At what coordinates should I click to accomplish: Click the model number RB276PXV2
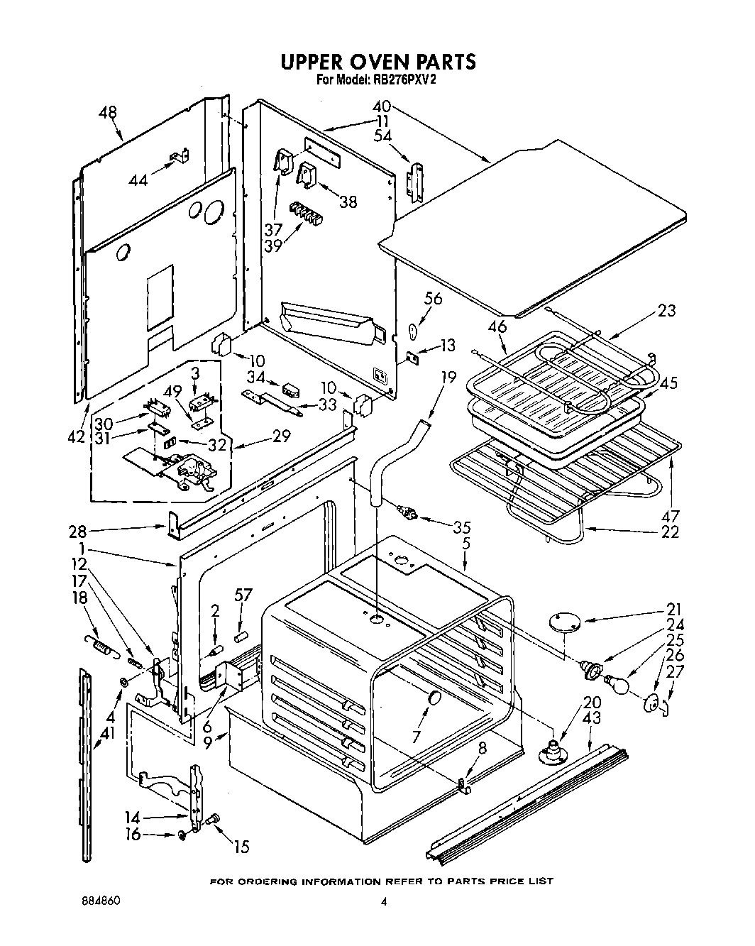402,80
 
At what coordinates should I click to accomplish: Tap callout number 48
109,112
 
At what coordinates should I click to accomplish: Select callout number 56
432,299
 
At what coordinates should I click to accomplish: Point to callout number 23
666,310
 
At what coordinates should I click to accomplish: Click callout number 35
462,527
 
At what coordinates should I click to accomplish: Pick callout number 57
243,593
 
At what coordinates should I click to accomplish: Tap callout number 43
590,718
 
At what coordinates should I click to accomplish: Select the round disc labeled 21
565,622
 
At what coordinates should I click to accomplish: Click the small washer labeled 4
124,682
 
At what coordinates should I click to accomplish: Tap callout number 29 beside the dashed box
281,436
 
